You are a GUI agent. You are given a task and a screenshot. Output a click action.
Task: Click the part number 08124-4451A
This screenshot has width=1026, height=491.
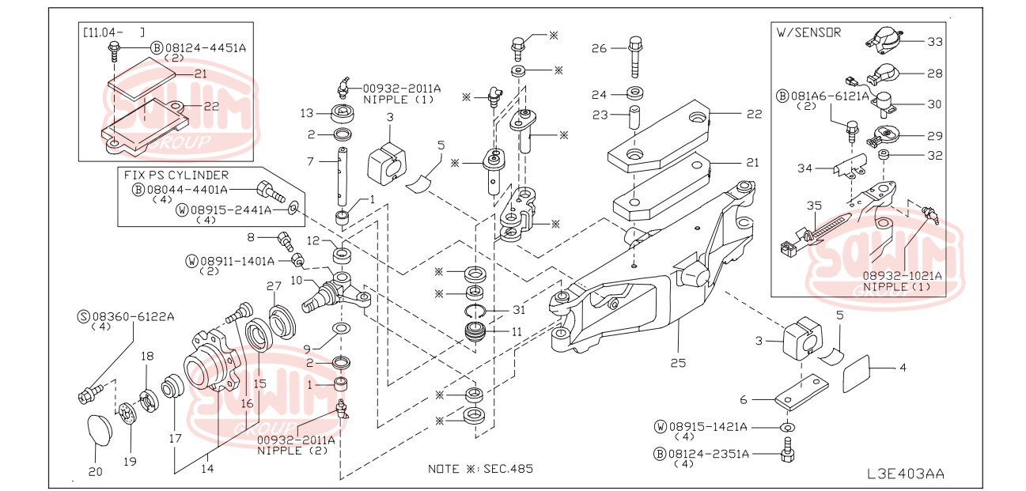click(x=206, y=47)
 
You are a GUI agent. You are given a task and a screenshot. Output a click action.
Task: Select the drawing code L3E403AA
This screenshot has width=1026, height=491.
click(x=905, y=474)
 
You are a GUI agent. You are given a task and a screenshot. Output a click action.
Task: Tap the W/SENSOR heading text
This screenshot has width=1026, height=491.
click(x=808, y=32)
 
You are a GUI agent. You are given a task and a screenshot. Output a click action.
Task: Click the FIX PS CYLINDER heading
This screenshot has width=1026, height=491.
click(x=176, y=175)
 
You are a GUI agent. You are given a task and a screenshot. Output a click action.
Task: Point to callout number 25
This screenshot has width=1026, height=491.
click(x=678, y=362)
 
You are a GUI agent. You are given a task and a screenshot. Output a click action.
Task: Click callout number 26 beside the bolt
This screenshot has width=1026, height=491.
click(x=599, y=48)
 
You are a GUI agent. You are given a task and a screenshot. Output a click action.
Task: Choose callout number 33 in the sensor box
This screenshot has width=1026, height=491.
click(x=935, y=40)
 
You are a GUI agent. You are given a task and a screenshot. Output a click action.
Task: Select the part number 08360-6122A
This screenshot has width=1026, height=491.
click(x=132, y=316)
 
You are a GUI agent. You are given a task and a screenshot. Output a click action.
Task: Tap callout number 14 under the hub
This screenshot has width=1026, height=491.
click(x=207, y=467)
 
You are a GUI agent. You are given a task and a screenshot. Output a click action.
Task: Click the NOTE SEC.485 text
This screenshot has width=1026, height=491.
click(x=480, y=468)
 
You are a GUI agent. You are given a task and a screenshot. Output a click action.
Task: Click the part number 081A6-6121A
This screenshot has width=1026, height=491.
click(x=829, y=96)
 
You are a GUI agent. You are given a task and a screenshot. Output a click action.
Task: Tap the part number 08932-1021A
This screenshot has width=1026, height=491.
click(x=902, y=276)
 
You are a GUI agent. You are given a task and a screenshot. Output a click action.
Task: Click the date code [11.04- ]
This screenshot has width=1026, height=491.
click(x=114, y=32)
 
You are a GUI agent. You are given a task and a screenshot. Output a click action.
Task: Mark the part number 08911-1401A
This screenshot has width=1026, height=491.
click(x=237, y=261)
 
